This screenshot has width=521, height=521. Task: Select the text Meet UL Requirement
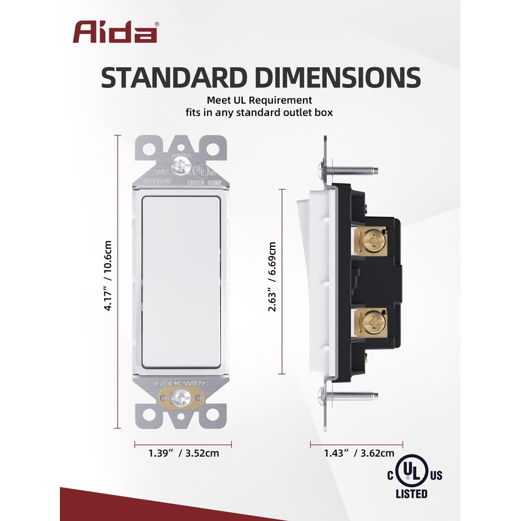click(260, 100)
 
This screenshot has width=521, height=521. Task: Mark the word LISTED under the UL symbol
click(412, 494)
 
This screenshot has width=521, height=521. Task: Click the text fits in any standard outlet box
click(260, 113)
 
